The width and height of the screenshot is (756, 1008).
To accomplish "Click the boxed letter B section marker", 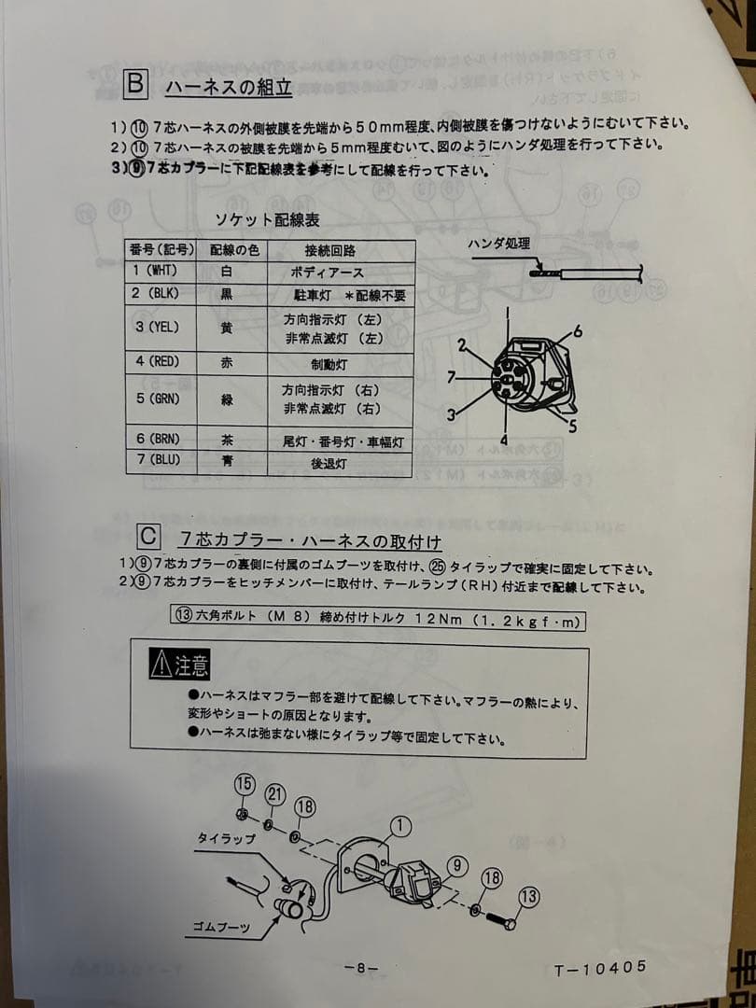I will point(134,85).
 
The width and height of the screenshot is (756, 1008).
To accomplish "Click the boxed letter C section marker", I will point(148,539).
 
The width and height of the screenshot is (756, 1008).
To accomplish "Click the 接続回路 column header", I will point(329,250).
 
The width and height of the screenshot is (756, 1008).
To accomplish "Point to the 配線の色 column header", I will point(232,250).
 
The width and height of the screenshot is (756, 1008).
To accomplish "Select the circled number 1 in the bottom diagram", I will point(400,825).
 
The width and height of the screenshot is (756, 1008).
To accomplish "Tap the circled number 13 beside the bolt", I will point(528,897).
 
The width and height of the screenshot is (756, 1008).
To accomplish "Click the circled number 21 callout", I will point(274,794).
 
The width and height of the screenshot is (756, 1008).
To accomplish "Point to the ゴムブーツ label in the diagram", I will point(221,927).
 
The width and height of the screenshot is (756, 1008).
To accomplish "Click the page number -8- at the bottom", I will point(361,967).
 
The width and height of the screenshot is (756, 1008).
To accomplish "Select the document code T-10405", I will point(599,968).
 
